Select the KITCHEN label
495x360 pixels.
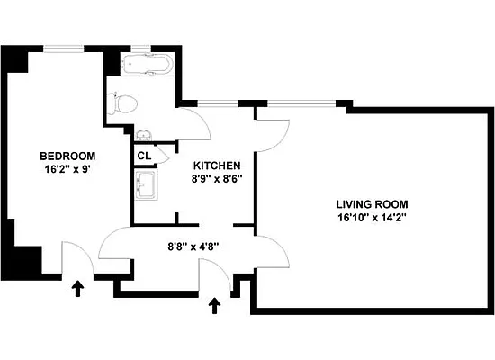[217, 166]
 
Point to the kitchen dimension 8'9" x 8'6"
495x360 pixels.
[217, 179]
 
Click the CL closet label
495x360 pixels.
[144, 155]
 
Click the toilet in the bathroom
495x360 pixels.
[124, 103]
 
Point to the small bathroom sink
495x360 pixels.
[145, 136]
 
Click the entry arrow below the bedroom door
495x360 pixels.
[78, 289]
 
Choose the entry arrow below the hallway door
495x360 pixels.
[214, 307]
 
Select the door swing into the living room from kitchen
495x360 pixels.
[273, 130]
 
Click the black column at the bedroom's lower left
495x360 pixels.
[23, 262]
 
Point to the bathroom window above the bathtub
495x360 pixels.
[144, 47]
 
